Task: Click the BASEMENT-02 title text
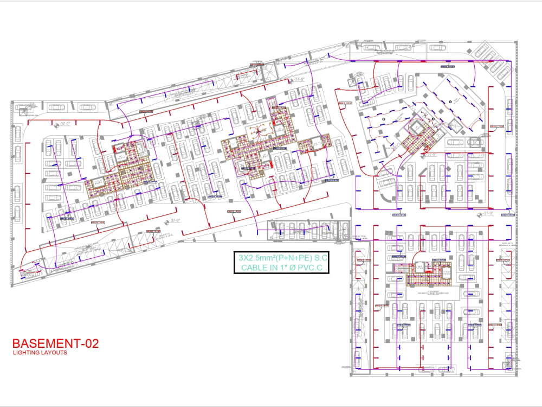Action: pyautogui.click(x=56, y=344)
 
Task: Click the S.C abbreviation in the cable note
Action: pyautogui.click(x=322, y=258)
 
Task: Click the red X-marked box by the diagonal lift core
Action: pyautogui.click(x=427, y=147)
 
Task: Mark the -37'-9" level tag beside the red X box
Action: pyautogui.click(x=431, y=155)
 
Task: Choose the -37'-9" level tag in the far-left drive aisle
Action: pyautogui.click(x=64, y=124)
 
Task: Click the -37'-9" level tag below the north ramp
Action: pyautogui.click(x=298, y=79)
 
